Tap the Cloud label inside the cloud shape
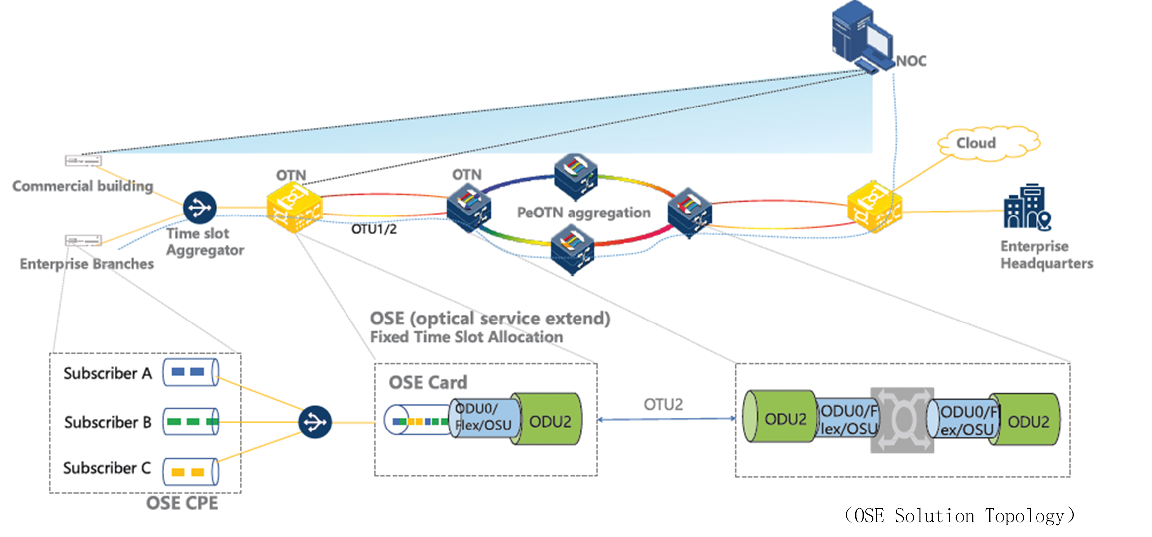coord(976,143)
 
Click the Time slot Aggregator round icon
coord(200,208)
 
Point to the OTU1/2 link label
coord(374,229)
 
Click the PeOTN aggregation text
coord(583,213)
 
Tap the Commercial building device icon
coord(83,161)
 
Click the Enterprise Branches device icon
coord(83,241)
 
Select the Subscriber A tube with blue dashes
coord(191,372)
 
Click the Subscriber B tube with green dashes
coord(191,422)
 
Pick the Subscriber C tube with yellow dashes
coord(191,472)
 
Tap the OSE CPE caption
coord(182,503)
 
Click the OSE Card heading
coord(428,382)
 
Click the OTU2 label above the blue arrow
coord(663,404)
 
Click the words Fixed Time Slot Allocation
coord(466,337)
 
